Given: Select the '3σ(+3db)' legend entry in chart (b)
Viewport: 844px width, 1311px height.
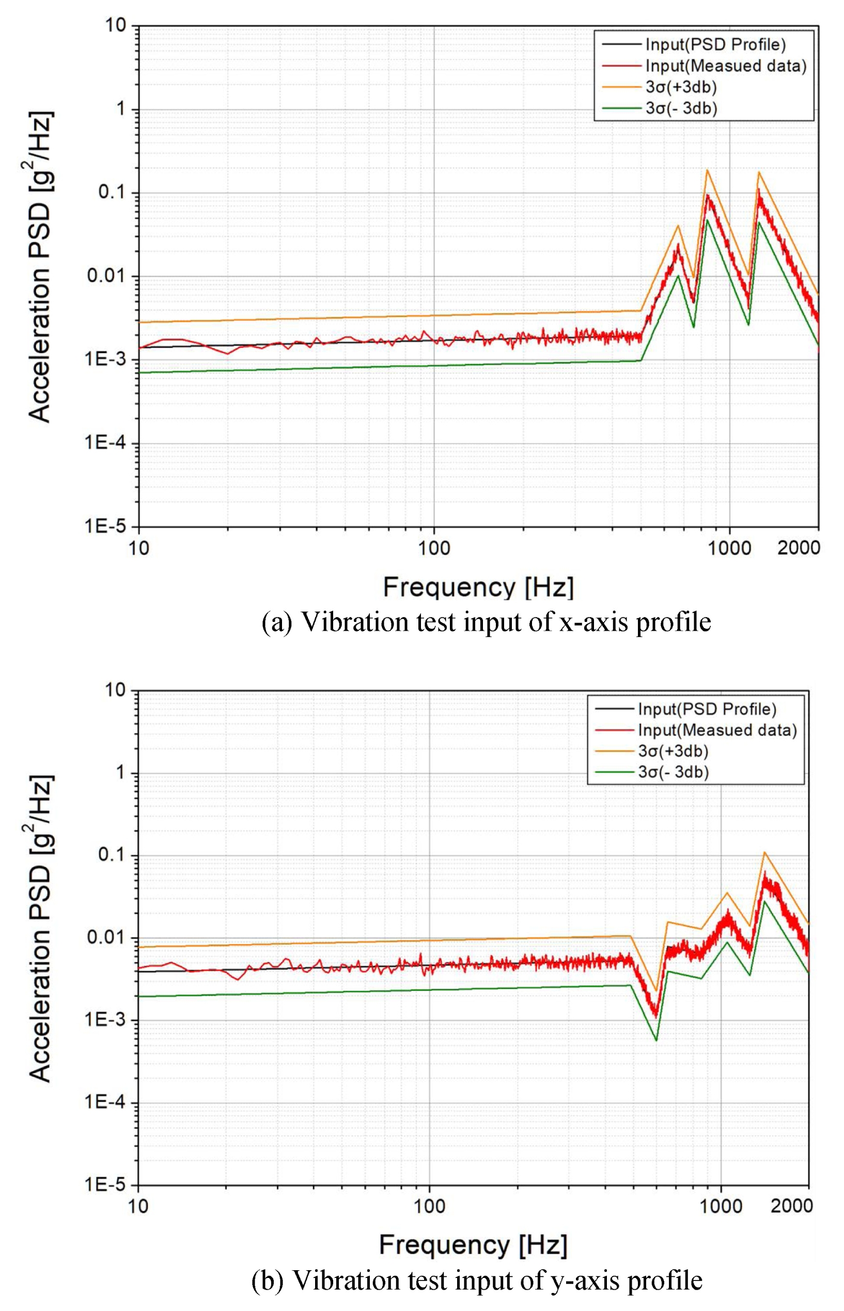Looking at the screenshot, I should click(673, 751).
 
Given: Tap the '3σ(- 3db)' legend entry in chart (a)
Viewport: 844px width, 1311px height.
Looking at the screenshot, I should click(681, 108).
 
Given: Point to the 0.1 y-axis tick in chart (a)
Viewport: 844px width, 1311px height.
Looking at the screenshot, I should click(111, 192).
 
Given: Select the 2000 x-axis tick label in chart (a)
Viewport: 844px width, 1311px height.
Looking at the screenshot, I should click(798, 547).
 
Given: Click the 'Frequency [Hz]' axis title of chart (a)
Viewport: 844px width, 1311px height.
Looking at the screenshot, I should click(478, 587).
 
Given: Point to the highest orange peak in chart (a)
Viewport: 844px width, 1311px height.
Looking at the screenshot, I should click(708, 170).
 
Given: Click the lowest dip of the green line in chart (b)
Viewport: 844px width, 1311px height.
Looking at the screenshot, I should click(656, 1040).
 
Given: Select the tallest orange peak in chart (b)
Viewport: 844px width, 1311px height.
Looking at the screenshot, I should click(764, 852).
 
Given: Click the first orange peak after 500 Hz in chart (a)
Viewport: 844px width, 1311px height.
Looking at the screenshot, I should click(679, 226).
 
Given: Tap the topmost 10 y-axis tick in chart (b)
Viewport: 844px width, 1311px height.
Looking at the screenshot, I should click(115, 690).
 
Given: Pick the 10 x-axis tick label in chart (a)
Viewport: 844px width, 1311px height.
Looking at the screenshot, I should click(138, 547).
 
